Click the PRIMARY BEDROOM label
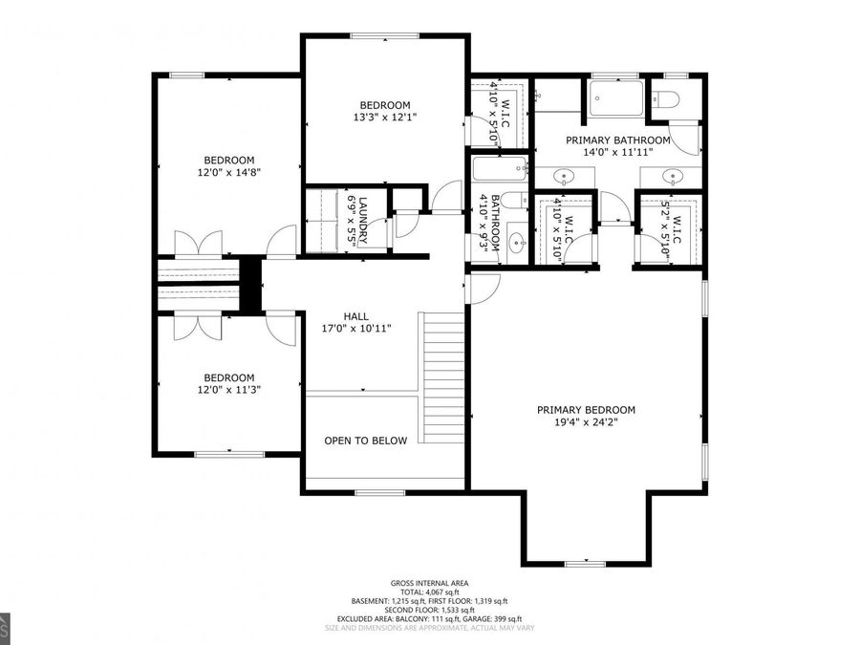click(x=585, y=410)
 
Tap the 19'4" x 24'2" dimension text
click(x=585, y=423)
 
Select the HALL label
click(x=356, y=316)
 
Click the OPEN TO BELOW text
click(x=365, y=441)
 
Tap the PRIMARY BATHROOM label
click(x=617, y=140)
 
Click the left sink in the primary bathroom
click(x=565, y=176)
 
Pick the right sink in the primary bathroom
click(x=674, y=176)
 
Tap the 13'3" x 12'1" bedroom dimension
click(x=384, y=118)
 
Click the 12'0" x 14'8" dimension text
click(x=228, y=173)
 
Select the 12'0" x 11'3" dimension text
click(x=228, y=390)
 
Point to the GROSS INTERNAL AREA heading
click(x=429, y=583)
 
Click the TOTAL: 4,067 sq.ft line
click(x=429, y=592)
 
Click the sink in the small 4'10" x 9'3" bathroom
click(x=515, y=241)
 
